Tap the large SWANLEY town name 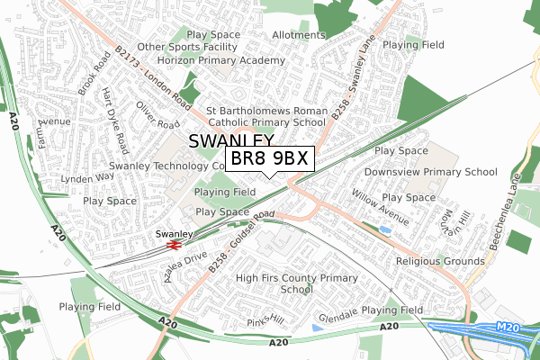coord(232,142)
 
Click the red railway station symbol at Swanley coord(175,242)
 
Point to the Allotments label coord(298,35)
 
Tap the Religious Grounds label coord(441,261)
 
